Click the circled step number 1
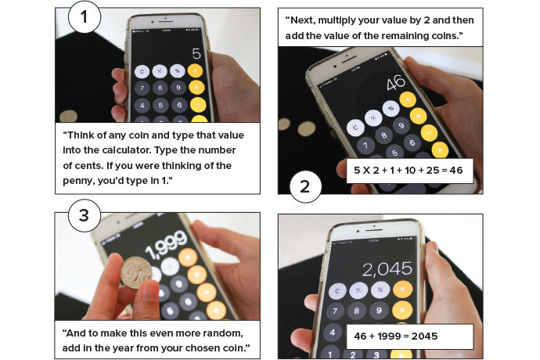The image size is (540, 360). click(x=85, y=17)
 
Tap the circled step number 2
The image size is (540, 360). click(x=305, y=186)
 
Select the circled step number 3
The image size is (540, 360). click(x=85, y=215)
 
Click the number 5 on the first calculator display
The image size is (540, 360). click(x=196, y=54)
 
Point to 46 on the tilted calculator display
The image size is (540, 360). click(x=396, y=83)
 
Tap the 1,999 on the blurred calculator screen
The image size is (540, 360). click(x=167, y=244)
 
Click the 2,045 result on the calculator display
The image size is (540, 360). click(x=387, y=269)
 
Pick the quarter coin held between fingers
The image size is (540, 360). click(x=136, y=272)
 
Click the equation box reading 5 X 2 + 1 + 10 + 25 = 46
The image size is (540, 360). click(x=409, y=171)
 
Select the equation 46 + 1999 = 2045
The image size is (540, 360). click(x=396, y=336)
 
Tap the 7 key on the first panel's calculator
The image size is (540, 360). click(x=142, y=88)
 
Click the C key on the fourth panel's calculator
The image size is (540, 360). click(x=337, y=291)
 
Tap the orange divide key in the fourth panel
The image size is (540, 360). click(x=402, y=290)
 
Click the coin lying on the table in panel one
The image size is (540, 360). click(x=68, y=117)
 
